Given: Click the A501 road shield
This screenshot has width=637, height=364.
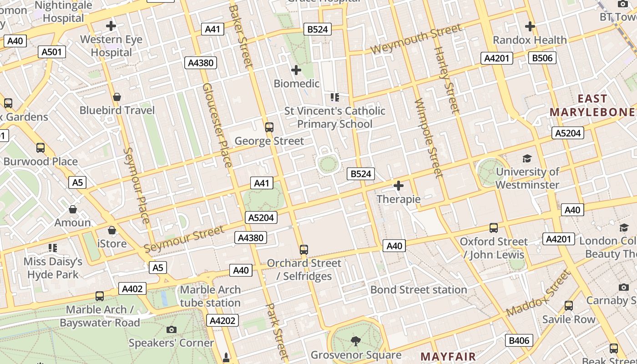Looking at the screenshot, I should pos(51,52).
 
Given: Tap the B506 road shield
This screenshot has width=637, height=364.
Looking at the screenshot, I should pos(542,58).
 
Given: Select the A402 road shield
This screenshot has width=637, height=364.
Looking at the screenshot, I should pos(133,288).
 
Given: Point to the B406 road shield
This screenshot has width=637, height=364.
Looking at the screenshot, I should pos(519,340).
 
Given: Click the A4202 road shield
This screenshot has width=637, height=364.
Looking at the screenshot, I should pos(223,320).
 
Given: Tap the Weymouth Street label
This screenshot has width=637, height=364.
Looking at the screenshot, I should pos(416,40).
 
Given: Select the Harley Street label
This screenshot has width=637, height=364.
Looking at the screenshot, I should pos(447,80).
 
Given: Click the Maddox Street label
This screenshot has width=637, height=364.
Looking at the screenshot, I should pos(538,293).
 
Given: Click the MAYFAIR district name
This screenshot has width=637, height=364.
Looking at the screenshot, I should pos(448,356).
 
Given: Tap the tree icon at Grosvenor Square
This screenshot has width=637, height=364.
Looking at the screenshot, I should pos(356,341).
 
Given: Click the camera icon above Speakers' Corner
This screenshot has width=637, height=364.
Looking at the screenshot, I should pos(172,329).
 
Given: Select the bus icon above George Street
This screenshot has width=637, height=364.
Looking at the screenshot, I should pos(269,127).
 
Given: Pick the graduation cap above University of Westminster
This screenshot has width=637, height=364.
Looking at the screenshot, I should pos(527,158).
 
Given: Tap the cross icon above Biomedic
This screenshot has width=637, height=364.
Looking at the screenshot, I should pos(296,70).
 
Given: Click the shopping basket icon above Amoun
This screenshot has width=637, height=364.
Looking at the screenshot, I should pos(73,209).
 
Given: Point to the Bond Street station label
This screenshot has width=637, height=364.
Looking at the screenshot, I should pos(419,290).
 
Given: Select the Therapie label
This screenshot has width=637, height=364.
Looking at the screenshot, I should pos(399,199).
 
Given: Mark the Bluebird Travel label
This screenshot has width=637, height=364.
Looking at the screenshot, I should pos(117,110).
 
